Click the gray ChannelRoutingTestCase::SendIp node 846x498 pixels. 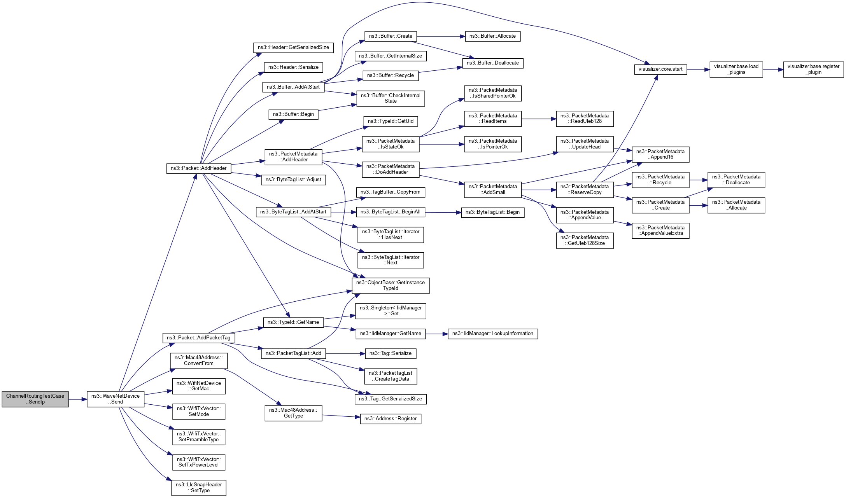(35, 399)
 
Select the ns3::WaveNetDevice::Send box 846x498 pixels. (115, 399)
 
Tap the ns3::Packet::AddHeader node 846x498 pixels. (198, 168)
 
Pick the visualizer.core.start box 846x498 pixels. (660, 69)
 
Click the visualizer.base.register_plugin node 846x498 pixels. (813, 69)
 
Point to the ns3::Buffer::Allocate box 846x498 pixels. (492, 36)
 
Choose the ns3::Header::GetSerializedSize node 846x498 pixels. (293, 47)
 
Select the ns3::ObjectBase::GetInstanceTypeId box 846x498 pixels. (390, 285)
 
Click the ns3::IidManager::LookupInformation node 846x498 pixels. (492, 334)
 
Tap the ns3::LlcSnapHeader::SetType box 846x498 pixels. (198, 488)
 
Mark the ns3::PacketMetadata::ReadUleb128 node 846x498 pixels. (584, 119)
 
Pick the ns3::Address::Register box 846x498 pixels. (390, 419)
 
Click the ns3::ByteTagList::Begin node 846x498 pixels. (492, 212)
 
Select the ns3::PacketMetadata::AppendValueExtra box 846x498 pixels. (660, 231)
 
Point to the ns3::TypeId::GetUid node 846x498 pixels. (390, 121)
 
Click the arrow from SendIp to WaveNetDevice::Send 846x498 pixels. (77, 399)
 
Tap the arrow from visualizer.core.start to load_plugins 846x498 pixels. (698, 70)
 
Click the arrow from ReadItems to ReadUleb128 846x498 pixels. (539, 119)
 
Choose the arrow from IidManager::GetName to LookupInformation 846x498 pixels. (436, 334)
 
